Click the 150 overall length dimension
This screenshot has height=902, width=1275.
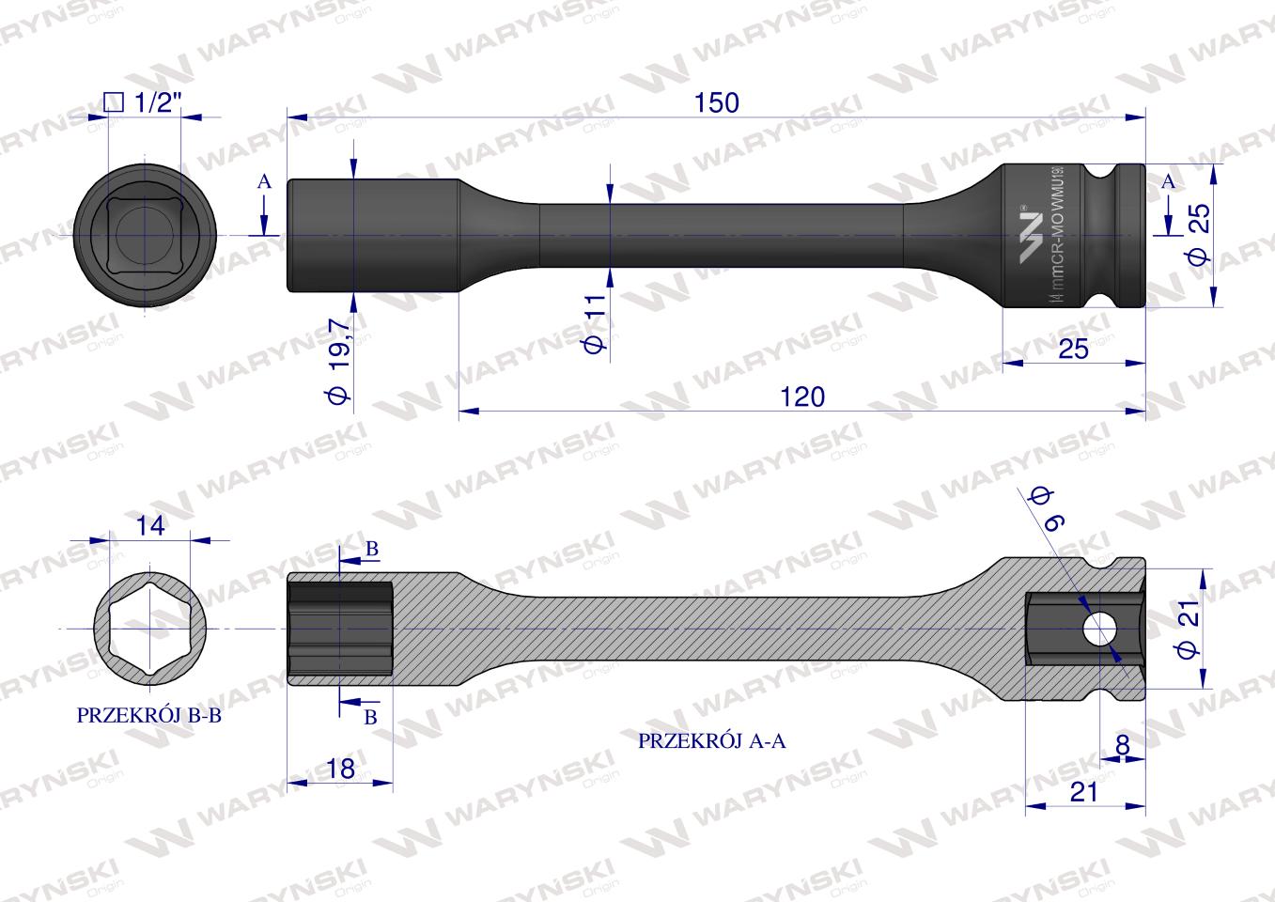717,102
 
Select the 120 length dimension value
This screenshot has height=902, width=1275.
802,397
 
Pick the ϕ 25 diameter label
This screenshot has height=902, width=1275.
1198,235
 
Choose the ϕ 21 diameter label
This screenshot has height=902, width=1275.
1187,635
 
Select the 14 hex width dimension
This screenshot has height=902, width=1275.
149,526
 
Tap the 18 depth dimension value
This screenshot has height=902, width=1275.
340,769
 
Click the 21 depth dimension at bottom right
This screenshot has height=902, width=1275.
1084,792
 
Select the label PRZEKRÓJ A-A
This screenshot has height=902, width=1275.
711,740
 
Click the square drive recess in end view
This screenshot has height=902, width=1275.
146,234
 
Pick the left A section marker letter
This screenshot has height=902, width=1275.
264,182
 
